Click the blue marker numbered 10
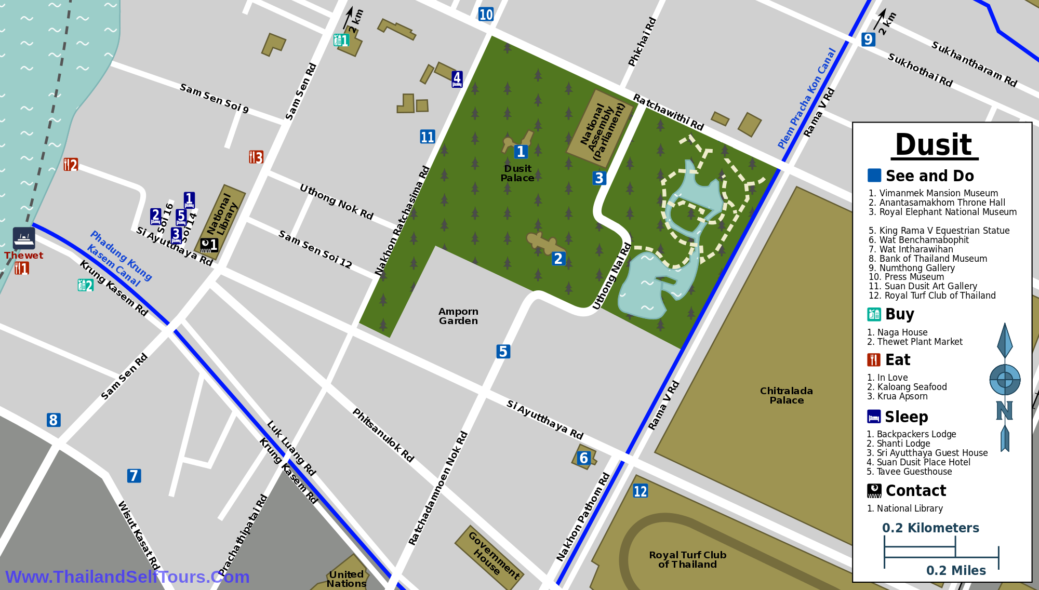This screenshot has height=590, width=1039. tap(486, 15)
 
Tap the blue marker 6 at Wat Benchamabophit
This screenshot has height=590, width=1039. tap(583, 458)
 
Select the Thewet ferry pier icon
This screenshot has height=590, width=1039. tap(24, 238)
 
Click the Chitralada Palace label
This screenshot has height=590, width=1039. tap(786, 395)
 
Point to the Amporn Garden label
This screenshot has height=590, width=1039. tap(458, 316)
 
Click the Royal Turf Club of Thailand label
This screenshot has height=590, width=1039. tap(687, 559)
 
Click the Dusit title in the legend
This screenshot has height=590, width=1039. tap(934, 145)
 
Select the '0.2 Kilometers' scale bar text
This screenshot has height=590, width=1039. tap(930, 528)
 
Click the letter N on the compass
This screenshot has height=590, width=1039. tap(1004, 410)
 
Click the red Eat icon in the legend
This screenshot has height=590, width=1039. tap(874, 360)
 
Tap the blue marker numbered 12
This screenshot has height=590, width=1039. tap(640, 491)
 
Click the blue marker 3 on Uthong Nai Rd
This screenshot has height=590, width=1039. tap(599, 178)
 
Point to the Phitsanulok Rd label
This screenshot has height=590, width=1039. tap(383, 435)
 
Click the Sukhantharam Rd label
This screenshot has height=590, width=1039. tap(974, 64)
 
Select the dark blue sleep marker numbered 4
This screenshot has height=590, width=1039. tap(457, 79)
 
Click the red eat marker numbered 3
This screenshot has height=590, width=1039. tap(256, 157)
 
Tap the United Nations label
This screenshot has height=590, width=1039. tap(346, 579)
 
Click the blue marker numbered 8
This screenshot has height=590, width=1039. tap(53, 420)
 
